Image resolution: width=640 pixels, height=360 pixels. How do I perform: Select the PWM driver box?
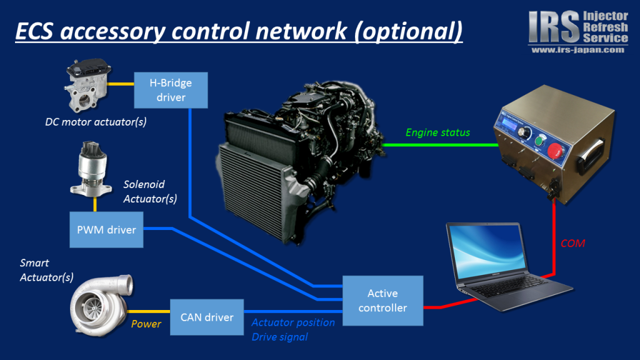[x=106, y=229]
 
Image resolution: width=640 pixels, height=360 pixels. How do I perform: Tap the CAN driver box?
[x=207, y=317]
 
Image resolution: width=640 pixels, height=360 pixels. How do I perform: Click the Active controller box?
[x=382, y=301]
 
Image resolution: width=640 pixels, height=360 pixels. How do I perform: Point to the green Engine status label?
[x=437, y=132]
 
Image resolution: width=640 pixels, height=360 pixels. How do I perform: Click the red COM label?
[x=572, y=243]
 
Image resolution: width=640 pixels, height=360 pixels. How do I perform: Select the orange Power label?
[x=146, y=324]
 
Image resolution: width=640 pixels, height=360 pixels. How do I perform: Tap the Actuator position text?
[x=292, y=322]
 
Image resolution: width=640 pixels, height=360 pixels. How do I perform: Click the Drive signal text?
[x=279, y=337]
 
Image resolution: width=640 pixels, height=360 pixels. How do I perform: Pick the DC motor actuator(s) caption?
[x=96, y=121]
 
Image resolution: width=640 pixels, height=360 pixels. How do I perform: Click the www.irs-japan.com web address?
[x=577, y=50]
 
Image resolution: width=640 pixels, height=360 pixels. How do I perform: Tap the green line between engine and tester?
[x=437, y=145]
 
